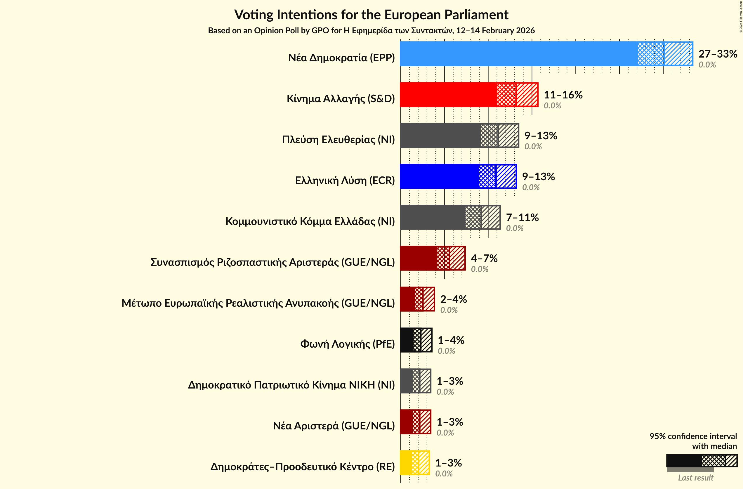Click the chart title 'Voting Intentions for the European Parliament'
(x=371, y=15)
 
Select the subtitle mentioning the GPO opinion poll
(x=371, y=31)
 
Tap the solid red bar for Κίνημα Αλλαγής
(x=448, y=95)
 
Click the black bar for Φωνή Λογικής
(x=407, y=340)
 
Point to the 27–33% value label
(x=718, y=54)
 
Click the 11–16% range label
(x=563, y=95)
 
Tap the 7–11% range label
(x=522, y=217)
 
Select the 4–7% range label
(x=484, y=258)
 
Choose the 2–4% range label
(x=453, y=299)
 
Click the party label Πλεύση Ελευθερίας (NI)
(x=338, y=139)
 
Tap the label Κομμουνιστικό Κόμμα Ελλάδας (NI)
(x=310, y=221)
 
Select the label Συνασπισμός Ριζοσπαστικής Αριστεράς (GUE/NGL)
(x=272, y=262)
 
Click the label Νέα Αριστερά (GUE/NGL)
(x=334, y=426)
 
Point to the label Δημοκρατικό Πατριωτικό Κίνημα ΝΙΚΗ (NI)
(x=291, y=385)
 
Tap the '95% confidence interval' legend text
(x=693, y=436)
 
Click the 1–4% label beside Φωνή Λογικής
(x=451, y=340)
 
